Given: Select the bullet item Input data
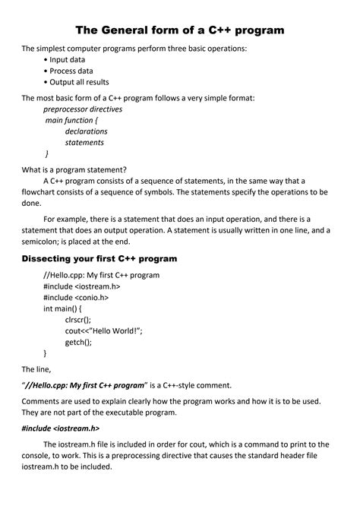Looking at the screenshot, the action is [x=67, y=59].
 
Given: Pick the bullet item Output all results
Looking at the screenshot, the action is [x=79, y=82].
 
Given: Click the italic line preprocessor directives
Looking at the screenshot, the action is [x=83, y=109].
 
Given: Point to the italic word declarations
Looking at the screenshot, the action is [x=87, y=131].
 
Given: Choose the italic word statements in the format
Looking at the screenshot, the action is [x=84, y=142].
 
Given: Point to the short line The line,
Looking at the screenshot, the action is [x=36, y=368].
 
